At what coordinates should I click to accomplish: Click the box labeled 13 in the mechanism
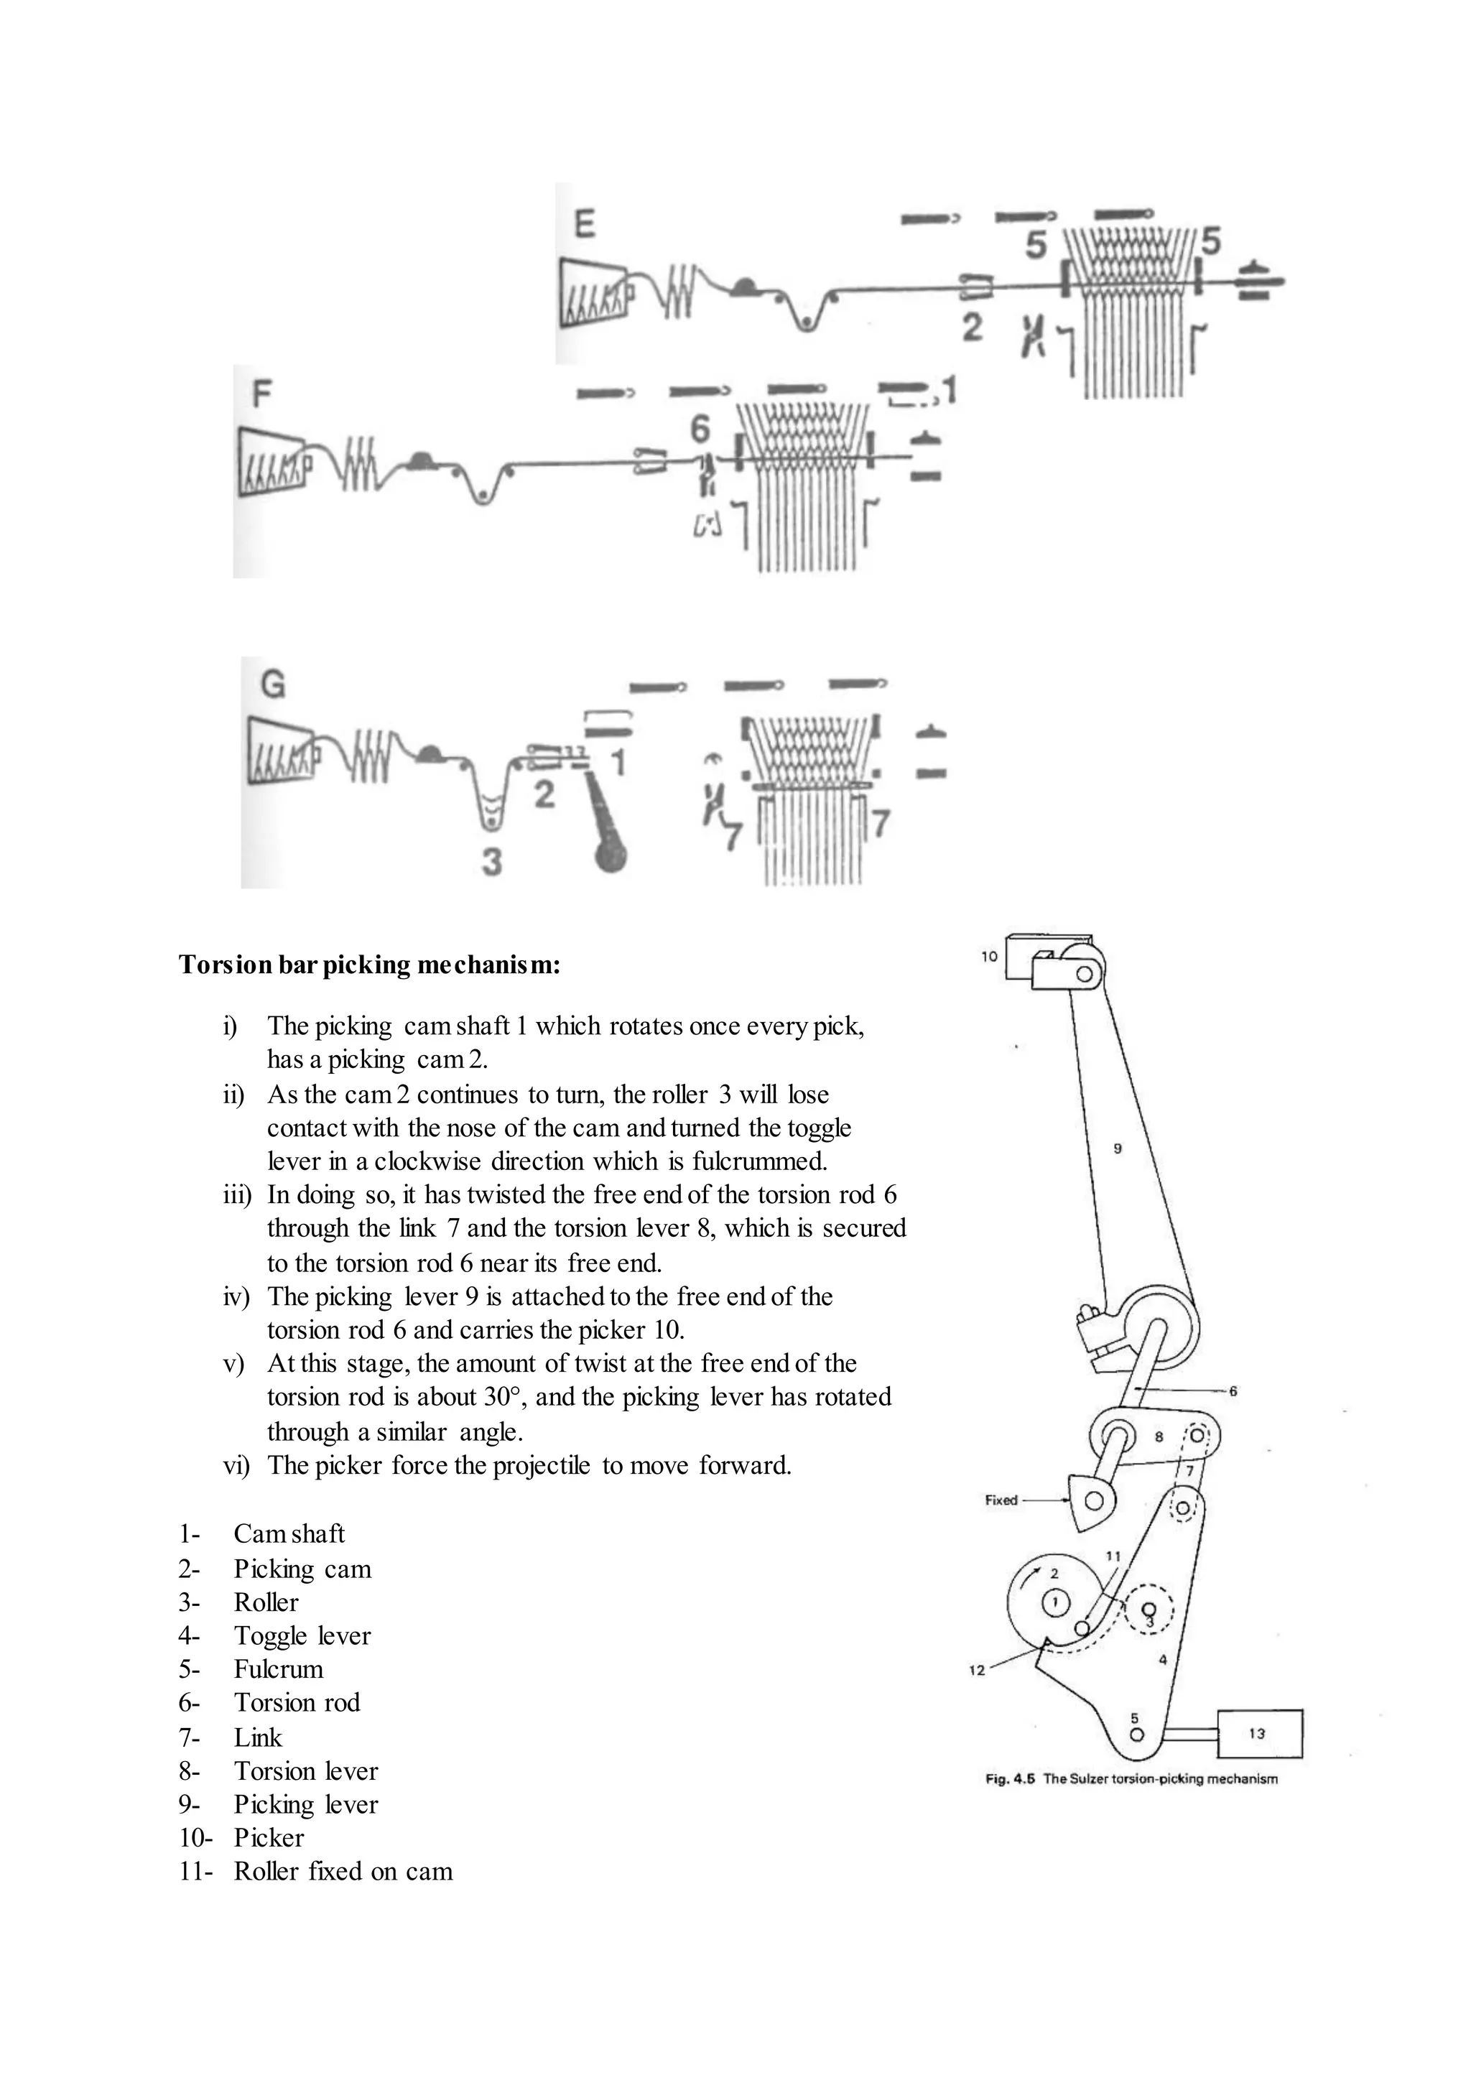pos(1259,1734)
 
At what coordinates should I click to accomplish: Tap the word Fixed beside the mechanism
pos(1001,1499)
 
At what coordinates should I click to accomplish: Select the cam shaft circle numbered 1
pos(1054,1604)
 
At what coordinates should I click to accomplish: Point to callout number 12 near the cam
pos(976,1670)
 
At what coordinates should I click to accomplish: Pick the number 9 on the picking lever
pos(1117,1148)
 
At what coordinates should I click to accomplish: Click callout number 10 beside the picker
pos(989,956)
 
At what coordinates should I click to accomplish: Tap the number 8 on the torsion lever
pos(1159,1436)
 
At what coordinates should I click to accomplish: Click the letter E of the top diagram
pos(585,223)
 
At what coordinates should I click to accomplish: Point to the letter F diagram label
pos(261,394)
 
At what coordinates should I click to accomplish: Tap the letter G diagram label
pos(273,683)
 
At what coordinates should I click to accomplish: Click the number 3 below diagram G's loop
pos(491,860)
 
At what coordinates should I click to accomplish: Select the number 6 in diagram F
pos(700,429)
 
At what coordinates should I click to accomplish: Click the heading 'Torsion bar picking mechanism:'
pos(370,965)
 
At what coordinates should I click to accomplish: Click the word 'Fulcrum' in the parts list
pos(278,1668)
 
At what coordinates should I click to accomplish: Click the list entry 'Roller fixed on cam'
pos(343,1871)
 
